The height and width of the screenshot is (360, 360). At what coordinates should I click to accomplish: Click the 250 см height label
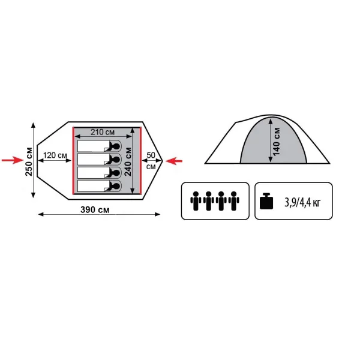[x=29, y=161]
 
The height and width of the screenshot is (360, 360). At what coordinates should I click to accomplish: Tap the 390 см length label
[x=95, y=209]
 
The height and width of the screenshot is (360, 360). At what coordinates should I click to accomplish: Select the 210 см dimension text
[x=103, y=132]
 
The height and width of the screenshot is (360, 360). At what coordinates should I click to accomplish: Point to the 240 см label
[x=128, y=161]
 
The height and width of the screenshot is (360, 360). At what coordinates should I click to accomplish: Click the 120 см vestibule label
[x=55, y=155]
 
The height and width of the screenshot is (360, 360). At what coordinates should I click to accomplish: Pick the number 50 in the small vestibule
[x=151, y=155]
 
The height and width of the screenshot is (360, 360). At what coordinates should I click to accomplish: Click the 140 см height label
[x=277, y=142]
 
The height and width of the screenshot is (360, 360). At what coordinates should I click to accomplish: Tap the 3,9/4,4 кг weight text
[x=302, y=203]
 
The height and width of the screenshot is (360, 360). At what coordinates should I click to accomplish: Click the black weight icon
[x=266, y=201]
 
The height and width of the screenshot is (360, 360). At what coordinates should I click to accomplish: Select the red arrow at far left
[x=13, y=160]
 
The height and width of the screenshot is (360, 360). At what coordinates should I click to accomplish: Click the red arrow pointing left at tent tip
[x=174, y=161]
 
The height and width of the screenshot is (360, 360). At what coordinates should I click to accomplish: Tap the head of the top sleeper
[x=116, y=146]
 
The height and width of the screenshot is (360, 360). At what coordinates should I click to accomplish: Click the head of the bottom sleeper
[x=116, y=186]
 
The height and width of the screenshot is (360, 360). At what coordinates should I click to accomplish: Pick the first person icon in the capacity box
[x=196, y=201]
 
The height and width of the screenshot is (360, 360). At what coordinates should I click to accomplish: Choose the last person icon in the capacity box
[x=234, y=201]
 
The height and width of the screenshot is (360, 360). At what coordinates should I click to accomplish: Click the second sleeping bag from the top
[x=99, y=160]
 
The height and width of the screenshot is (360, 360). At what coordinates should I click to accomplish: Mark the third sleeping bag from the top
[x=99, y=173]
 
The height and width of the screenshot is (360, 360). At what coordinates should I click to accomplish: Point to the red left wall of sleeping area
[x=73, y=160]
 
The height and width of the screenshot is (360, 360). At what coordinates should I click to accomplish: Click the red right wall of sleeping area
[x=140, y=160]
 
